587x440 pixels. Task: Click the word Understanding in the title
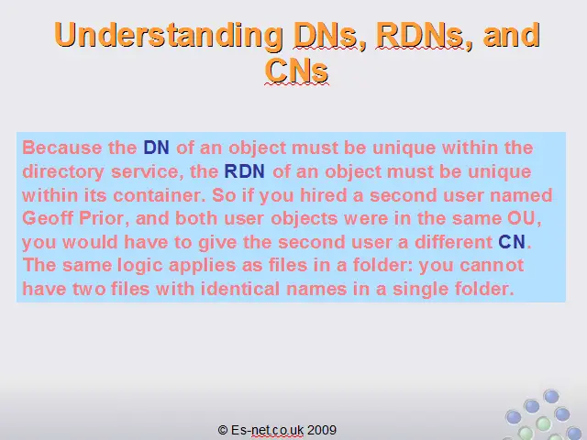pyautogui.click(x=169, y=35)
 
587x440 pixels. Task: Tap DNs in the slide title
pyautogui.click(x=325, y=35)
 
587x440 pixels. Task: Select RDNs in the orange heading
pyautogui.click(x=419, y=35)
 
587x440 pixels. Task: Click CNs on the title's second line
pyautogui.click(x=296, y=70)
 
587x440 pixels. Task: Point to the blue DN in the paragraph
pyautogui.click(x=157, y=148)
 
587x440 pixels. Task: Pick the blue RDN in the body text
pyautogui.click(x=245, y=171)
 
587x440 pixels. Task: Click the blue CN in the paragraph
pyautogui.click(x=512, y=242)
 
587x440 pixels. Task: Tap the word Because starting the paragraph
pyautogui.click(x=62, y=148)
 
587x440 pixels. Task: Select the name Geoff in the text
pyautogui.click(x=48, y=218)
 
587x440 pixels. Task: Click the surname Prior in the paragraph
pyautogui.click(x=101, y=218)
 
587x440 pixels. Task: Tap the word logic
pyautogui.click(x=140, y=265)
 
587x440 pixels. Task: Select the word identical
pyautogui.click(x=240, y=289)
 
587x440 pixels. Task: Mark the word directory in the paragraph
pyautogui.click(x=63, y=171)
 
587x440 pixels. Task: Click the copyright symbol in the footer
pyautogui.click(x=223, y=430)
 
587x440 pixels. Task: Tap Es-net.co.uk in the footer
pyautogui.click(x=267, y=430)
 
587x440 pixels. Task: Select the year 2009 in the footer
pyautogui.click(x=322, y=430)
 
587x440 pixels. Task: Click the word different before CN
pyautogui.click(x=453, y=242)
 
